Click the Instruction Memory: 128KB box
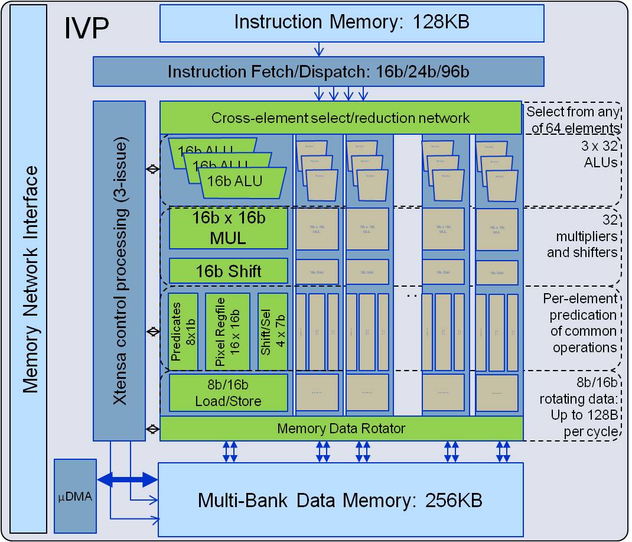pos(351,22)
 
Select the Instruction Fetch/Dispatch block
pos(318,72)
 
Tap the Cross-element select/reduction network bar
pos(341,118)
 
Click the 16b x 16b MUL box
pos(229,228)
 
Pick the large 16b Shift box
pos(229,271)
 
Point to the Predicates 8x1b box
pos(183,332)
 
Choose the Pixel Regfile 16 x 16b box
pos(227,332)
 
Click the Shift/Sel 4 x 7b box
pos(273,332)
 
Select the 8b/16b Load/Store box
pos(229,392)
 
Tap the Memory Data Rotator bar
pos(341,428)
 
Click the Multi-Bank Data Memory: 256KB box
pos(340,500)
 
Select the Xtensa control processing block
pos(119,270)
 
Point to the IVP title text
pos(86,29)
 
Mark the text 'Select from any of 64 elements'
pos(572,119)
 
